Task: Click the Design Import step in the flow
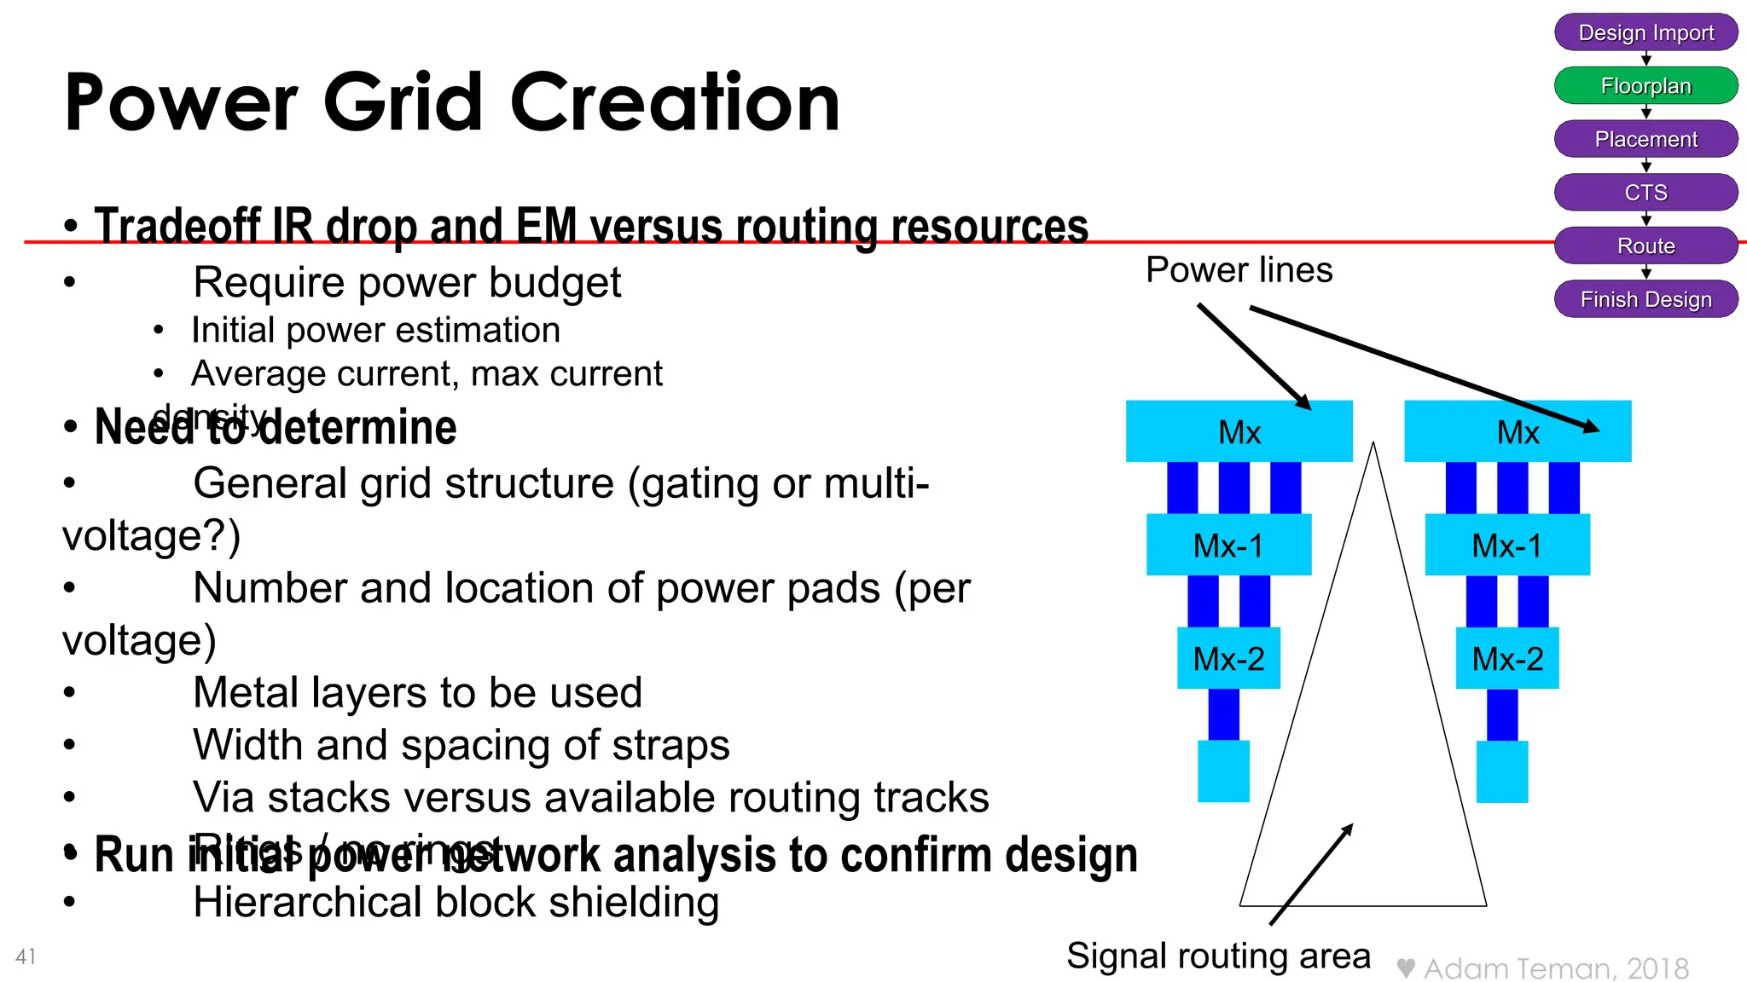pyautogui.click(x=1645, y=32)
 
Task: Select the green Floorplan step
pyautogui.click(x=1645, y=86)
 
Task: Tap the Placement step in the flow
pyautogui.click(x=1645, y=139)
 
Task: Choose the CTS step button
pyautogui.click(x=1645, y=193)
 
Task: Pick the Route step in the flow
pyautogui.click(x=1645, y=246)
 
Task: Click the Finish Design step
pyautogui.click(x=1645, y=299)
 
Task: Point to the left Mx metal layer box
pyautogui.click(x=1239, y=431)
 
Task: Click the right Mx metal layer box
pyautogui.click(x=1518, y=431)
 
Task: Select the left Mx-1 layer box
pyautogui.click(x=1228, y=545)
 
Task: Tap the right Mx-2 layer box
pyautogui.click(x=1507, y=658)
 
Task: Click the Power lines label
pyautogui.click(x=1239, y=270)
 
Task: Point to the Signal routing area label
pyautogui.click(x=1218, y=956)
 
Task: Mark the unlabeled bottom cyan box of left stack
pyautogui.click(x=1223, y=771)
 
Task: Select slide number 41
pyautogui.click(x=26, y=956)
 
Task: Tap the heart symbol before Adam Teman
pyautogui.click(x=1406, y=968)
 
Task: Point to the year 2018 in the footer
pyautogui.click(x=1657, y=969)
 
